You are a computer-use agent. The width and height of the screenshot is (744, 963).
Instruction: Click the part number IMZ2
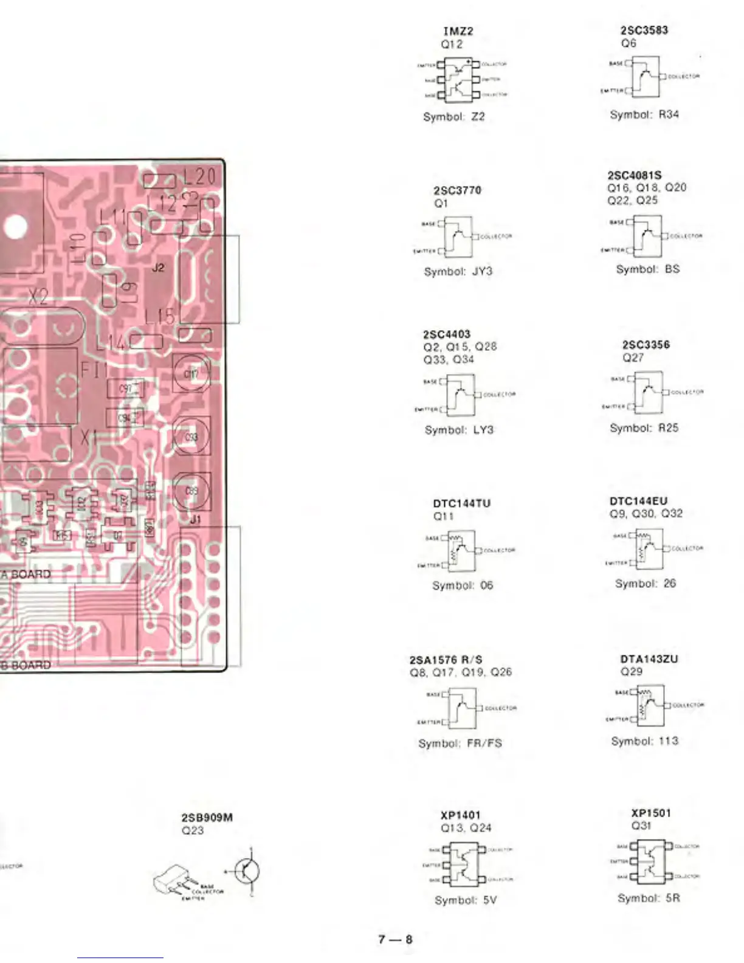tap(458, 31)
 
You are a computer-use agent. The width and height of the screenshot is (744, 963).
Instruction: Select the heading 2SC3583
tap(644, 30)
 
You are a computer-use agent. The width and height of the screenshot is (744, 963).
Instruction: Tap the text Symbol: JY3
tap(458, 271)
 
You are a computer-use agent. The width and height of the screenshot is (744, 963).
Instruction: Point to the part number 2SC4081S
tap(634, 175)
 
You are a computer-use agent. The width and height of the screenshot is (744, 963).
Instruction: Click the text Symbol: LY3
tap(459, 430)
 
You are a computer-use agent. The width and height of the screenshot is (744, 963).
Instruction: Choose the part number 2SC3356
tap(646, 345)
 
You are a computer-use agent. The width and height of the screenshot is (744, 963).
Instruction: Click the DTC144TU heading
tap(461, 503)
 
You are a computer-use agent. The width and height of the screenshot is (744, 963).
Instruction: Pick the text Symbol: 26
tap(645, 583)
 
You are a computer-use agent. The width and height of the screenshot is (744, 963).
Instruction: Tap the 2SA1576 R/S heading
tap(446, 660)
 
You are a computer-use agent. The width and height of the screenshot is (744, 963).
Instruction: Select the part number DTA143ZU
tap(649, 659)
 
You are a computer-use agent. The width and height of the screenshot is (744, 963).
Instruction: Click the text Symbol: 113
tap(644, 741)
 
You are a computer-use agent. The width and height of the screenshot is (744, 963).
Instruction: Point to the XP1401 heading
tap(460, 815)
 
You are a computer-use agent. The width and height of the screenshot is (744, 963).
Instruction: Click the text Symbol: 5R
tap(648, 898)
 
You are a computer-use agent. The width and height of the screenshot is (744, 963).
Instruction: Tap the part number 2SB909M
tap(207, 818)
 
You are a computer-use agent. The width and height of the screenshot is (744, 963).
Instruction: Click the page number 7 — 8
tap(395, 939)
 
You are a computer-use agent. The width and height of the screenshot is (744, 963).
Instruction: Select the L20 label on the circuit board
tap(199, 177)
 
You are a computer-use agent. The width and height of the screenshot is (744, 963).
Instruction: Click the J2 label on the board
tap(158, 267)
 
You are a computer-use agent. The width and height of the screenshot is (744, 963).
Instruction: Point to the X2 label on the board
tap(38, 297)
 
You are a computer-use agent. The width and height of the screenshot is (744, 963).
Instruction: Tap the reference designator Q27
tap(632, 358)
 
